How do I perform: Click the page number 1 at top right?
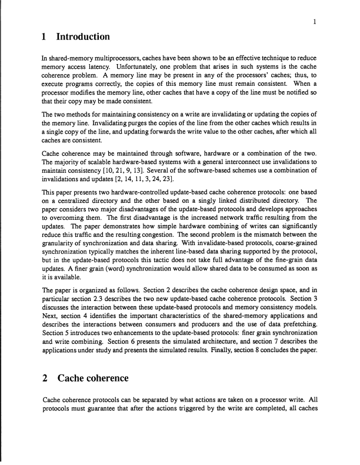(x=316, y=22)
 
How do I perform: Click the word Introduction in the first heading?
(x=83, y=37)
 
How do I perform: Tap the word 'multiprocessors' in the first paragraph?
(x=111, y=60)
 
